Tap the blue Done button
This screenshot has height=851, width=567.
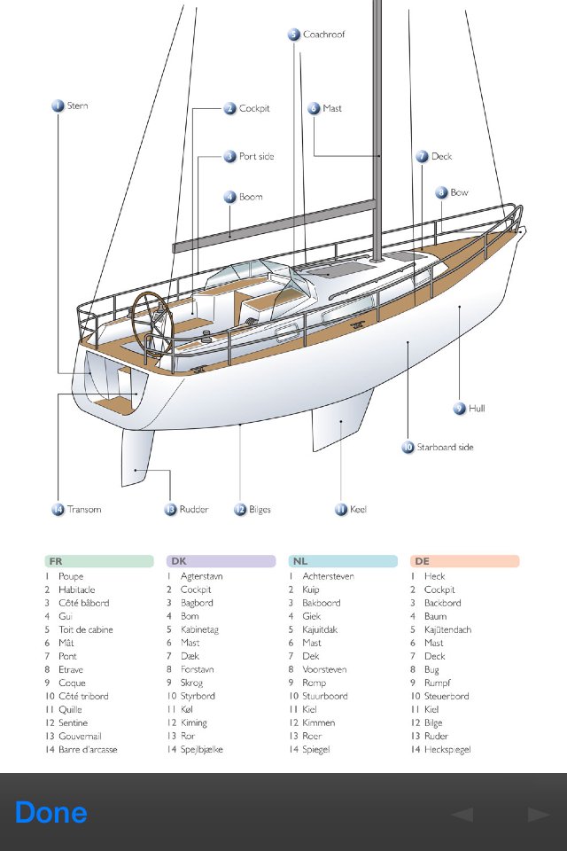click(x=51, y=813)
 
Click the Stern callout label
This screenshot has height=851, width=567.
click(x=77, y=106)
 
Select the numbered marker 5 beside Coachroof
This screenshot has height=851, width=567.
click(x=294, y=35)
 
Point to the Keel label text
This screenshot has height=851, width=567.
click(x=357, y=510)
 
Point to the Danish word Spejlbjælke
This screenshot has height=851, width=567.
click(x=201, y=749)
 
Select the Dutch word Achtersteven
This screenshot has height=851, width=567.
click(x=328, y=576)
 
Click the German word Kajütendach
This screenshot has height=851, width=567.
click(x=447, y=629)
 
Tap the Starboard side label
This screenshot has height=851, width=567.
click(x=445, y=448)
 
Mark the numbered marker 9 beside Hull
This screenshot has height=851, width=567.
click(x=459, y=409)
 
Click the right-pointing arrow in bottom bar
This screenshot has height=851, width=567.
click(x=538, y=814)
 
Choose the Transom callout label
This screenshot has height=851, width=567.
click(x=84, y=510)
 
